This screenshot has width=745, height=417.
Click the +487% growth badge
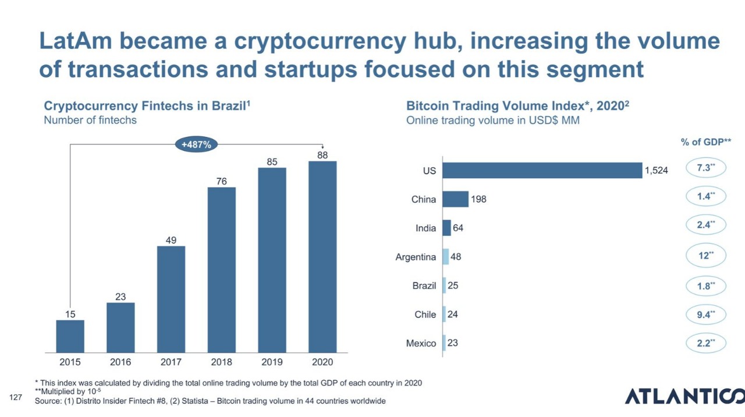196,144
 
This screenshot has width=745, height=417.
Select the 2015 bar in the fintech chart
70,336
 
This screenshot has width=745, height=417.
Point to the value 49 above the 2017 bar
171,240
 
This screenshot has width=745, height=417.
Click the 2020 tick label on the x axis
322,362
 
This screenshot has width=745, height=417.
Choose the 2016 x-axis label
120,362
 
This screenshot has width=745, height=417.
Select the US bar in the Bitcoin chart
542,170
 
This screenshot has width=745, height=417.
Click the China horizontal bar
455,199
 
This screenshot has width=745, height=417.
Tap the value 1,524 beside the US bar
656,171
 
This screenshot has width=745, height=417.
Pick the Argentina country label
416,257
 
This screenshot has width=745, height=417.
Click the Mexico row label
421,343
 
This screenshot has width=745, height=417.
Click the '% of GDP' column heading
705,142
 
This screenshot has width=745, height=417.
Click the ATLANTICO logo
684,396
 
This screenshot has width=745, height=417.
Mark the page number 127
16,397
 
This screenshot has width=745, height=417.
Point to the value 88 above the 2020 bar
322,155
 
